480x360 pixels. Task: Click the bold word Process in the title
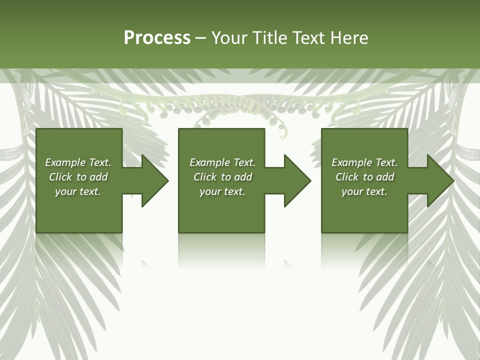tap(157, 38)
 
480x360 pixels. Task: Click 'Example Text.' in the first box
tap(78, 162)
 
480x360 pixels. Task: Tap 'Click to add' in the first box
tap(78, 177)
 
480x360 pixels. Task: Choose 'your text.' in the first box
tap(78, 191)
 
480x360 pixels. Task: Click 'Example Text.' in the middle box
tap(222, 162)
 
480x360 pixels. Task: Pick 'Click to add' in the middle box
tap(222, 177)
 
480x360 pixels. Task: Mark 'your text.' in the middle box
tap(222, 191)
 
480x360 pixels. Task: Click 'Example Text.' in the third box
tap(364, 162)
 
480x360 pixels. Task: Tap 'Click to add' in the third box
tap(364, 177)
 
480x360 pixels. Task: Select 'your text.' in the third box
tap(364, 191)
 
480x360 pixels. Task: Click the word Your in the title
tap(227, 38)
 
